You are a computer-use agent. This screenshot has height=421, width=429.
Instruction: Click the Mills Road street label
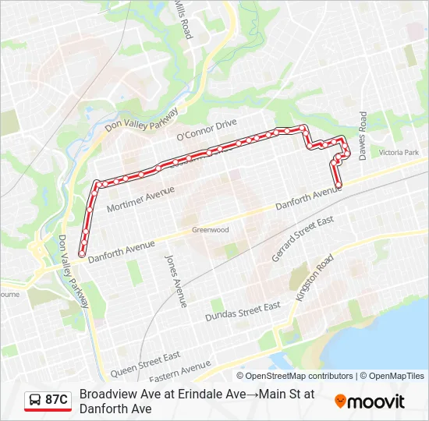point(182,20)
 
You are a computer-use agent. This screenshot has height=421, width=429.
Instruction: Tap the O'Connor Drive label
point(206,129)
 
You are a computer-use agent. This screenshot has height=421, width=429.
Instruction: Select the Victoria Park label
point(399,153)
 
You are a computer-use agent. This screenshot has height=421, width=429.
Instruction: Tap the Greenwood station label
point(211,230)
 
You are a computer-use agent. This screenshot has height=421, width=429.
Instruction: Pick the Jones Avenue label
point(175,278)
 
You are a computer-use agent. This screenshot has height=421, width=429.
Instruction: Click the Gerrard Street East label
point(302,238)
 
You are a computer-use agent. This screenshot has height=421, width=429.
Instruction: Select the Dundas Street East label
point(242,312)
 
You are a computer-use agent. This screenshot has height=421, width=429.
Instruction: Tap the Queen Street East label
point(145,363)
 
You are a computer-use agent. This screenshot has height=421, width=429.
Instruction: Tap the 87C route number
point(56,400)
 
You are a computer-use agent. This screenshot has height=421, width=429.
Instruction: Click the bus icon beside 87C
point(35,400)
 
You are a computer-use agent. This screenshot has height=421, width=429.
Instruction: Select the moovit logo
point(370,402)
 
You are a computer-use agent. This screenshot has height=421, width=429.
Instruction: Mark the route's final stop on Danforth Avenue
point(339,185)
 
